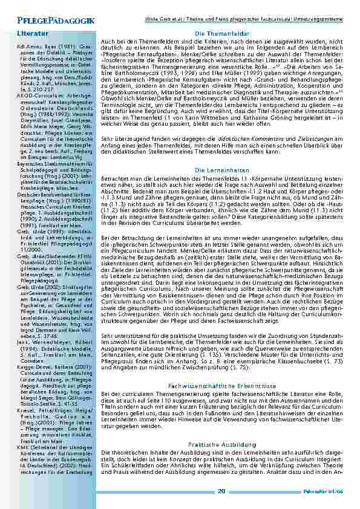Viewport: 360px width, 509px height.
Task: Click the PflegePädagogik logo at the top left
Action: (48, 21)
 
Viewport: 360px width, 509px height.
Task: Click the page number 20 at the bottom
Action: (221, 491)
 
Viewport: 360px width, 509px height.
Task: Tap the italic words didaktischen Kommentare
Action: (238, 138)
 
